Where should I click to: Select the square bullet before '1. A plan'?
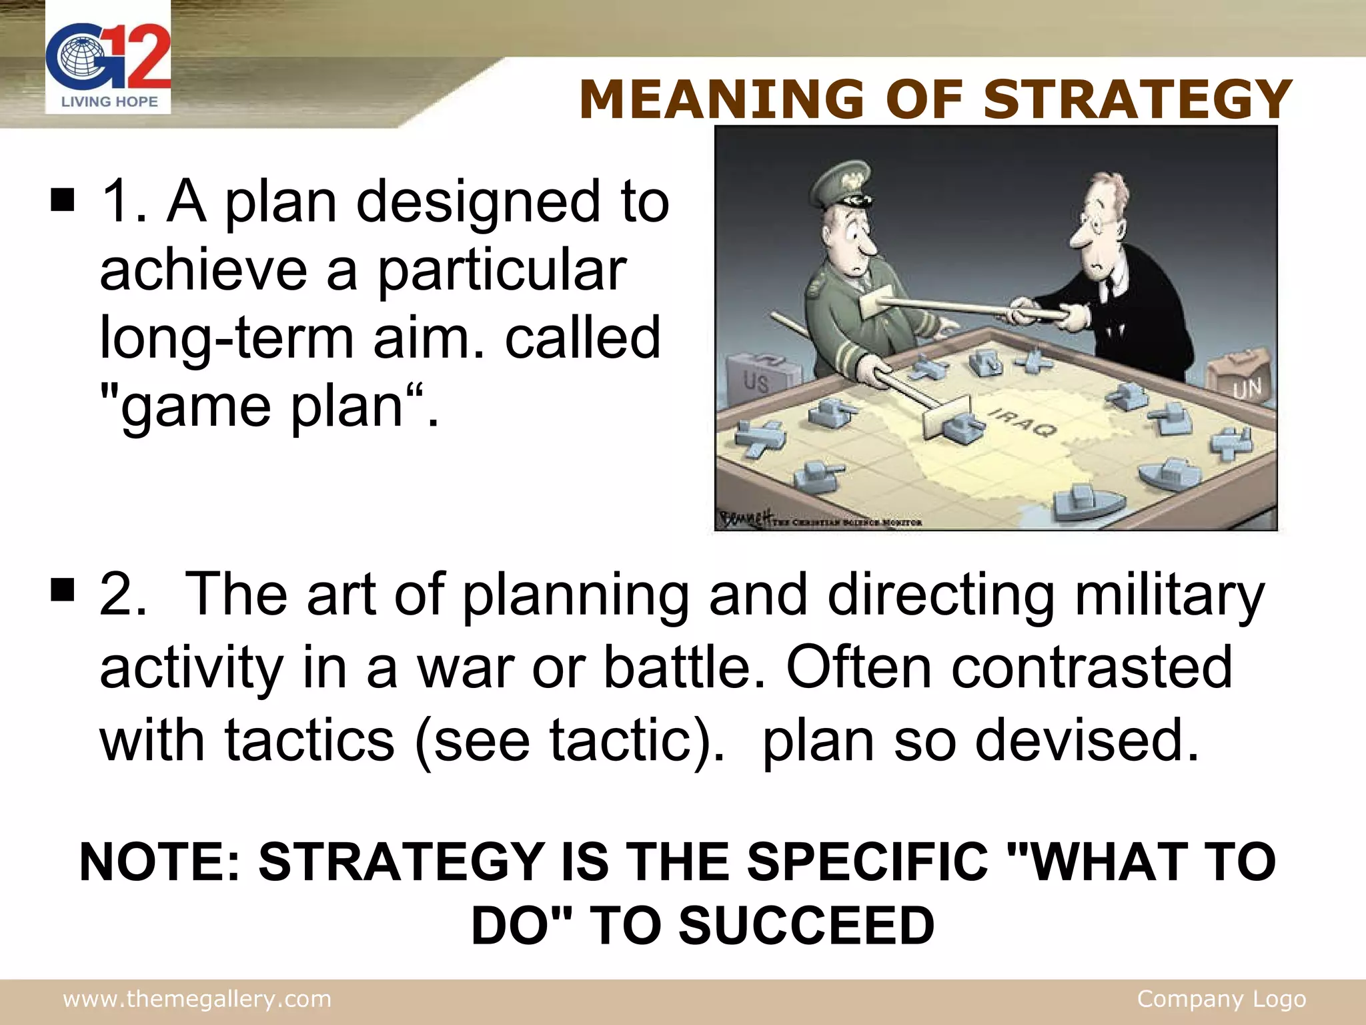62,200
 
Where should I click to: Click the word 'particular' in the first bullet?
502,270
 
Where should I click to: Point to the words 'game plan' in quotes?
261,405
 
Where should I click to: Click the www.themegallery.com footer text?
197,999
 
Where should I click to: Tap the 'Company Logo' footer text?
1221,999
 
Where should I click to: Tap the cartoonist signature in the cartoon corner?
746,517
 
